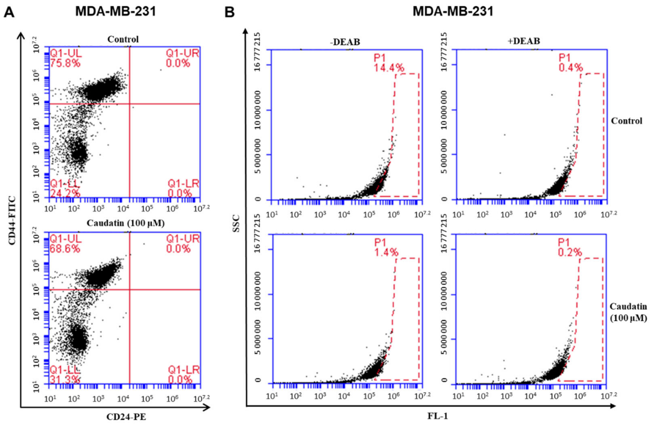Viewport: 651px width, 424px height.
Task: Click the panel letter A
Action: [9, 12]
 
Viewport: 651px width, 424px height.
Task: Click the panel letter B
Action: [230, 12]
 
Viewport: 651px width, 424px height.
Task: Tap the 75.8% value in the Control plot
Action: [65, 63]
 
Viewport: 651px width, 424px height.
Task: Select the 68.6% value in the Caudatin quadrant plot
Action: [65, 249]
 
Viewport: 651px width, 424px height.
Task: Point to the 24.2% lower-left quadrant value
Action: [65, 193]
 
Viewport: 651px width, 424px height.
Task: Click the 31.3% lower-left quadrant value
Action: [65, 379]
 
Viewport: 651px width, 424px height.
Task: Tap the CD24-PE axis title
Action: [126, 417]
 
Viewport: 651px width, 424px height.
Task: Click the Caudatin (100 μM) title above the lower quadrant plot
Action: [126, 223]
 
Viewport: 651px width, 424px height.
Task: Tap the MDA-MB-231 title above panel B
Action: [453, 12]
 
